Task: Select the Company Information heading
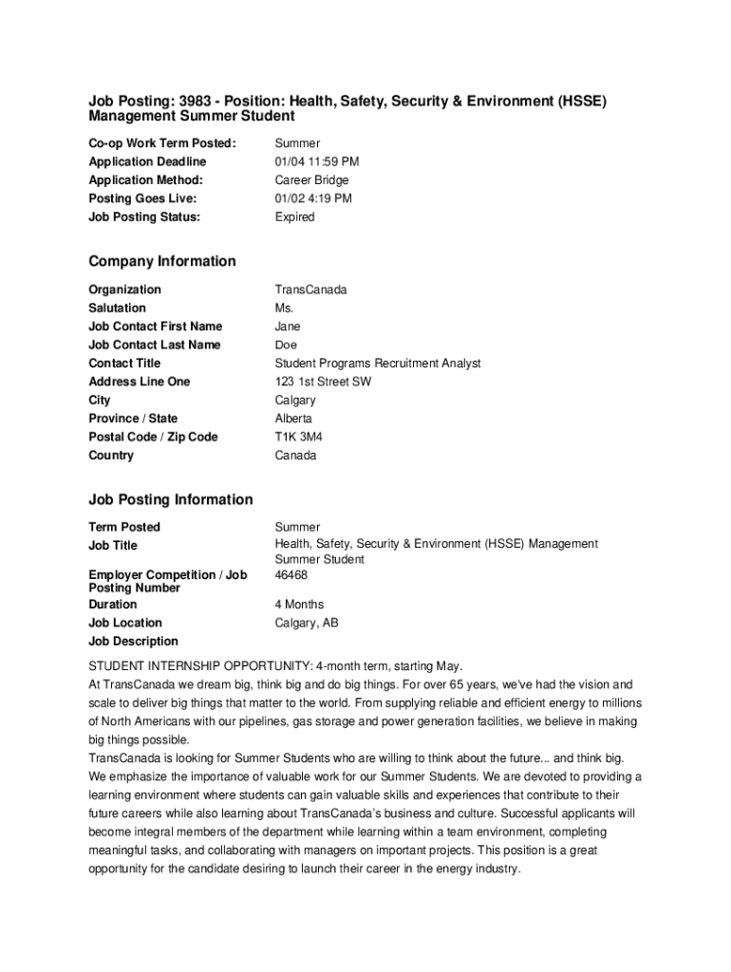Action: pos(162,261)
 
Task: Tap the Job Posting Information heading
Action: pos(171,499)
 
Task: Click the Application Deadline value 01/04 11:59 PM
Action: pos(317,161)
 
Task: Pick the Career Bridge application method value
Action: pos(311,180)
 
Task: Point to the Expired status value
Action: pos(294,217)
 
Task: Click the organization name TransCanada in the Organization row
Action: pos(310,290)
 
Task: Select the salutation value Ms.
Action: pos(285,308)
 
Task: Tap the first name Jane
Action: pos(288,327)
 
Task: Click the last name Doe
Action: pos(286,346)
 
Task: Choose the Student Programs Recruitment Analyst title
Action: pos(378,364)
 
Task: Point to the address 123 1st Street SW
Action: pos(323,382)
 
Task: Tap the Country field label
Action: pos(111,456)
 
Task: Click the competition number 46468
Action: pos(291,575)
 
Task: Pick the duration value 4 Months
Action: pos(299,605)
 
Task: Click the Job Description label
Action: pos(133,642)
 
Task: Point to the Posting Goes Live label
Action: pos(142,198)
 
